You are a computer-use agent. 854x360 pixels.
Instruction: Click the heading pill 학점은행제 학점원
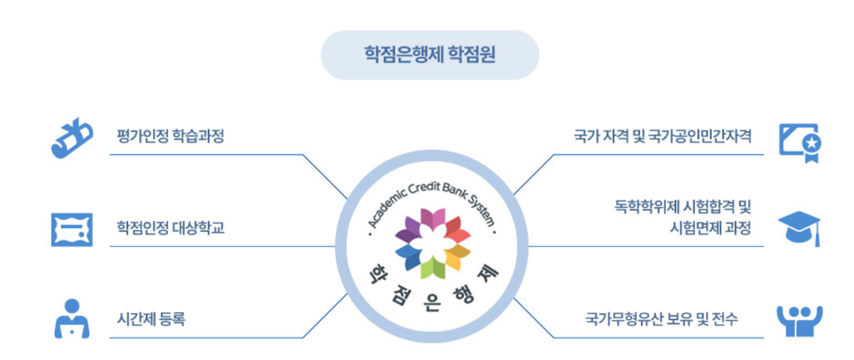tap(430, 55)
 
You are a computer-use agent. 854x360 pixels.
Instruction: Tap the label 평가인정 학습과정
tap(170, 137)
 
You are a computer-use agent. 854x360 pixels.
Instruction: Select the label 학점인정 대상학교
tap(170, 227)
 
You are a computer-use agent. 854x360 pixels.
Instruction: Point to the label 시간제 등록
tap(151, 319)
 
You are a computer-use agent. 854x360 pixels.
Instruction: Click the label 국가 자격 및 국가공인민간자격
tap(662, 137)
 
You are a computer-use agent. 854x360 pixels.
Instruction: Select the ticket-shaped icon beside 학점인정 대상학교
tap(71, 230)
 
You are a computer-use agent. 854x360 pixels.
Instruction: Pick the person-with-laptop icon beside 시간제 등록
tap(72, 319)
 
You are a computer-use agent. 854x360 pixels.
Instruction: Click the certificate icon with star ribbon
tap(799, 142)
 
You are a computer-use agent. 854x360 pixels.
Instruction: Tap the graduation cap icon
tap(799, 229)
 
